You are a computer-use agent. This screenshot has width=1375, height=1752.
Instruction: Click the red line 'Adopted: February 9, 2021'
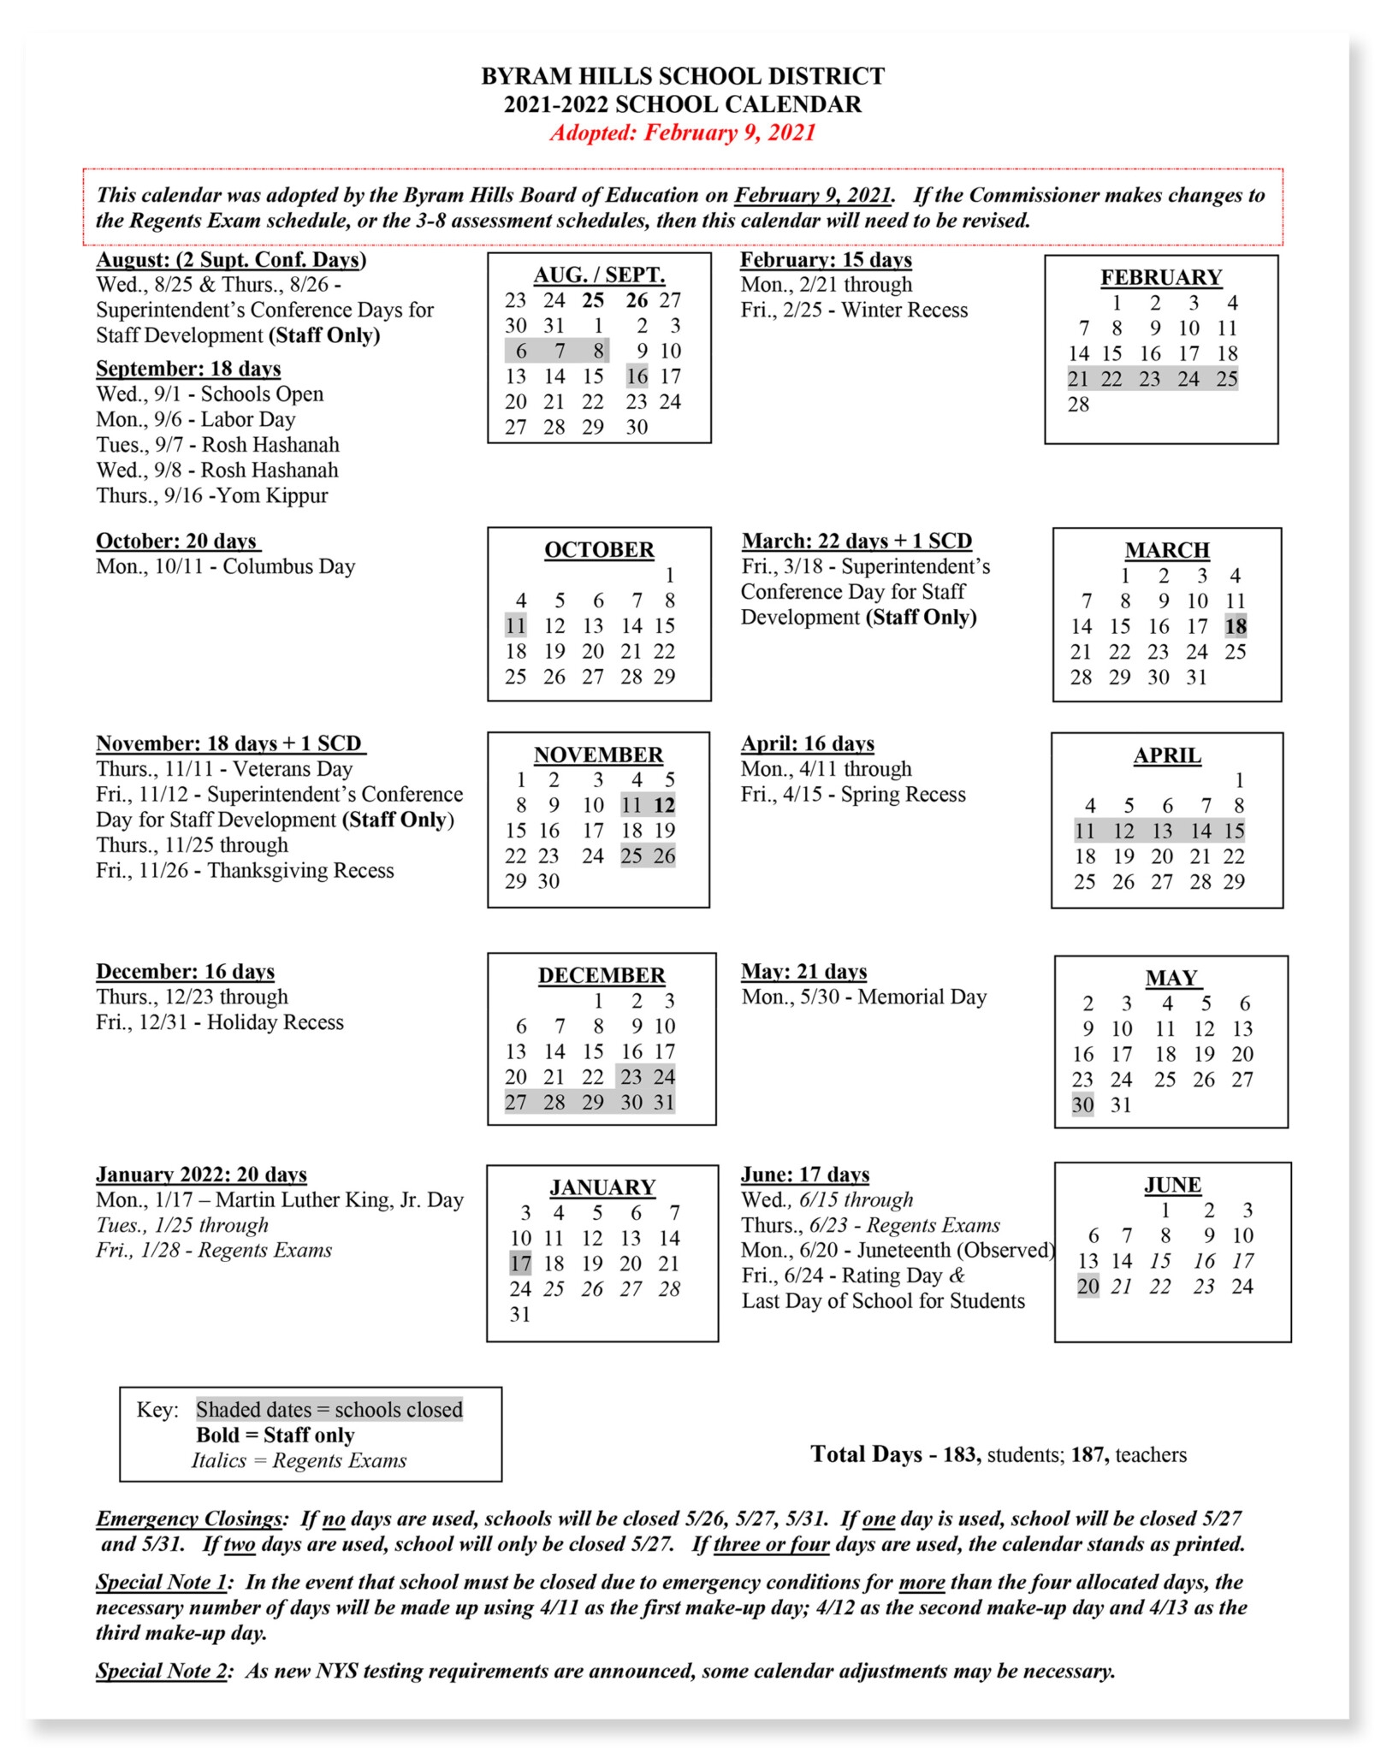coord(682,133)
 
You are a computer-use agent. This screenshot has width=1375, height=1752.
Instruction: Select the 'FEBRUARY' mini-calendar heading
coord(1160,277)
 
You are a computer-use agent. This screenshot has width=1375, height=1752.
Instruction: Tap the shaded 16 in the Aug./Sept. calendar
coord(637,376)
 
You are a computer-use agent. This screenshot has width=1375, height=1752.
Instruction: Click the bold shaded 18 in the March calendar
coord(1235,626)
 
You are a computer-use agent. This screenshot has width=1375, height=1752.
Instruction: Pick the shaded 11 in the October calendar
coord(515,625)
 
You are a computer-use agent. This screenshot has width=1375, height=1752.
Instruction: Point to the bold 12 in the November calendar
coord(664,805)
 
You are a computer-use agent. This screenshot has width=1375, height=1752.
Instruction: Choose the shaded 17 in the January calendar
coord(520,1264)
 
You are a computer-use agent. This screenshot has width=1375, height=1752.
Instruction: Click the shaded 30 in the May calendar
coord(1082,1104)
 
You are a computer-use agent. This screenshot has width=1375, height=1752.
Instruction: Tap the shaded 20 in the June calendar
coord(1088,1286)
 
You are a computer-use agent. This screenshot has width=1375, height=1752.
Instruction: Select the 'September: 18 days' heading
coord(188,369)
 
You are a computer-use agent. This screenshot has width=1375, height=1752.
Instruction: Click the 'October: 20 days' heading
coord(177,541)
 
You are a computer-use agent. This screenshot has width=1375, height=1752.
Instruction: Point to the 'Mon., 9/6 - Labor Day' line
coord(195,419)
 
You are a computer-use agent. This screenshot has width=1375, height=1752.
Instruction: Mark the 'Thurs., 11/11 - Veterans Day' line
coord(224,768)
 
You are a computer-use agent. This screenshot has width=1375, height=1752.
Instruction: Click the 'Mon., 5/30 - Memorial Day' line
coord(863,997)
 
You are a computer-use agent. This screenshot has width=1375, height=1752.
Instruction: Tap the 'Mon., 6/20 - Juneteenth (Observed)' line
coord(898,1250)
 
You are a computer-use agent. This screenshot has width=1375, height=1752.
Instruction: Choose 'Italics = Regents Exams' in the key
coord(299,1460)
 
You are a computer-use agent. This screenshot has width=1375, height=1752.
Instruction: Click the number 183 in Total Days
coord(961,1454)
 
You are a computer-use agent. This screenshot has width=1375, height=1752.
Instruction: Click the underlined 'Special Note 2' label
coord(162,1671)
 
